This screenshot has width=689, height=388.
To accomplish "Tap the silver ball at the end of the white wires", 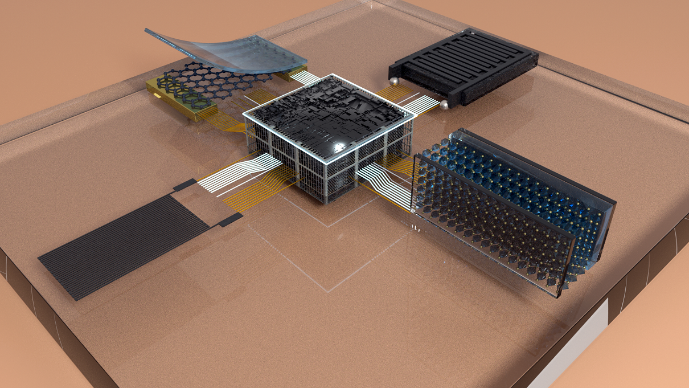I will click(443, 105).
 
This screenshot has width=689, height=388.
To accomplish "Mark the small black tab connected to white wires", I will click(184, 185).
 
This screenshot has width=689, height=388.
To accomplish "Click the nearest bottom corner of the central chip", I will click(327, 202).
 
